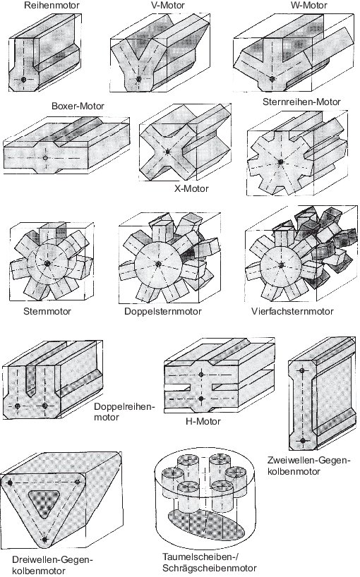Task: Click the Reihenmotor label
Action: (x=51, y=5)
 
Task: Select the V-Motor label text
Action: (x=167, y=5)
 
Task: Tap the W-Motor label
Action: (x=309, y=5)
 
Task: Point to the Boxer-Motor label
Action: (x=78, y=106)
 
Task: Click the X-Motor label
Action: (x=191, y=189)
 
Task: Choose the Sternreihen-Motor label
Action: (x=301, y=102)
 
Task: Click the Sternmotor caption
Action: (x=47, y=311)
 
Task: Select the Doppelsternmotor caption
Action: (x=162, y=311)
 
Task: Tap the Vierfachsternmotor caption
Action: (x=292, y=311)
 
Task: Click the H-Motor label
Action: (x=203, y=421)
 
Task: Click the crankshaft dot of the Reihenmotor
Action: (x=23, y=80)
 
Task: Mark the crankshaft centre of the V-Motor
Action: (x=139, y=79)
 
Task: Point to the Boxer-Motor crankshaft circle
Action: (x=45, y=158)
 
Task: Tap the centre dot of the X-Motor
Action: (x=168, y=152)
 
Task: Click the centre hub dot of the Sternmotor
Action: (x=47, y=264)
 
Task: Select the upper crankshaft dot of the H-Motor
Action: (x=201, y=375)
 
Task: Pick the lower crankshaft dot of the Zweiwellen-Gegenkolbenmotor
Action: (x=303, y=440)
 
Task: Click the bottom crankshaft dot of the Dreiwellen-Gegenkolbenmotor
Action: (x=45, y=540)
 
